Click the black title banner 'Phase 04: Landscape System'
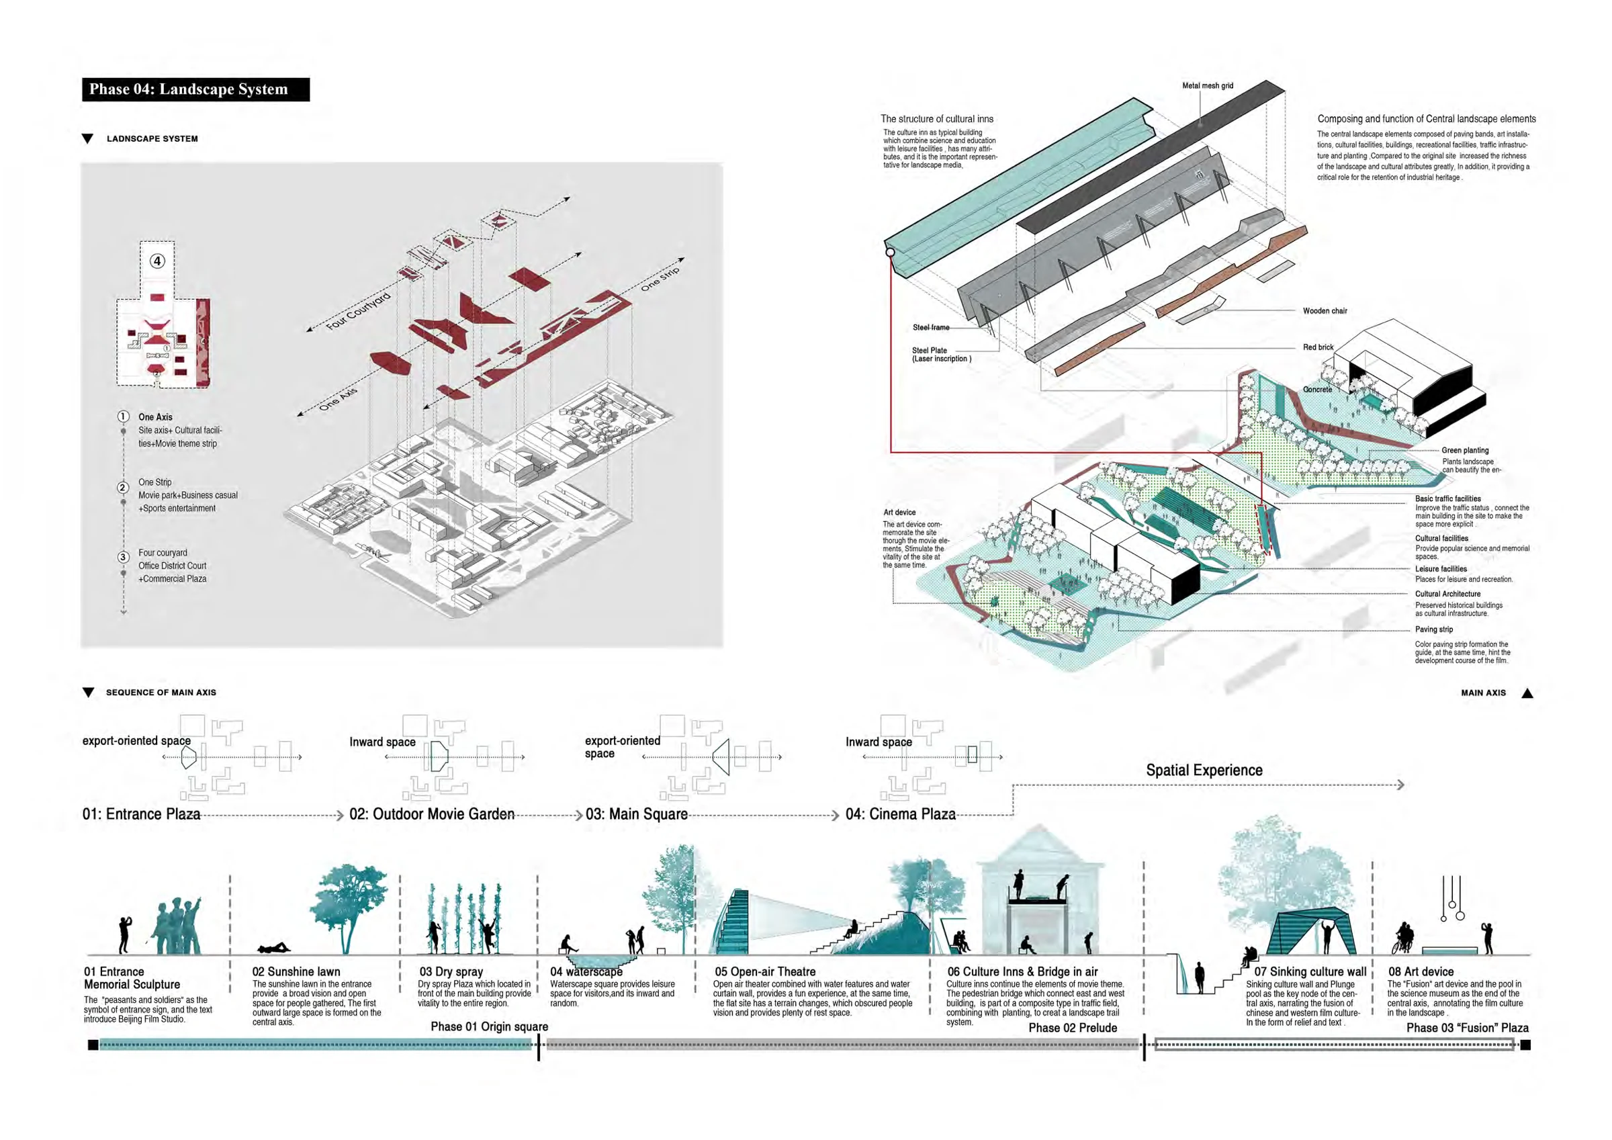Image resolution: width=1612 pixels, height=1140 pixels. [x=196, y=89]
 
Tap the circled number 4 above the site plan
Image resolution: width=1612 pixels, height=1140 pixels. [x=157, y=261]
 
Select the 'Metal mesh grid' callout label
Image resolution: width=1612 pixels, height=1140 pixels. [x=1208, y=86]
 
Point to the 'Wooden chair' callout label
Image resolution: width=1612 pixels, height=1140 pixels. [x=1325, y=310]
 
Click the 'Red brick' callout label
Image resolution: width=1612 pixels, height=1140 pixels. [x=1318, y=347]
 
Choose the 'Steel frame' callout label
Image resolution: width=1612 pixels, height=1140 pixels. [x=931, y=327]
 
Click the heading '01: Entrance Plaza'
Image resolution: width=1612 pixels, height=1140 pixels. [x=141, y=814]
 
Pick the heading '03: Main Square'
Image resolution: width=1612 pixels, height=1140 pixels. [x=637, y=814]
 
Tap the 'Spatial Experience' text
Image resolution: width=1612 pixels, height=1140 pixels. [x=1204, y=770]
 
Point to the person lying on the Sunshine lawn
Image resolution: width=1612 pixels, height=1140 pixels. [x=274, y=949]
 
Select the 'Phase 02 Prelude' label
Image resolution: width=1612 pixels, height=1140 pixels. [x=1073, y=1028]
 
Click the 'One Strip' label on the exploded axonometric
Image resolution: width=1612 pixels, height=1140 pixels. [x=660, y=279]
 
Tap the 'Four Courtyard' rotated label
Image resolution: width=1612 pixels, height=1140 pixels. [x=358, y=310]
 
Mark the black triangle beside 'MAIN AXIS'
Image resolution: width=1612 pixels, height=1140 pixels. [x=1527, y=693]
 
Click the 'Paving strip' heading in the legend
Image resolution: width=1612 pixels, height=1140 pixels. [x=1433, y=629]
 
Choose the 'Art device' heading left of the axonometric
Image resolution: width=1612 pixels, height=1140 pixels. [x=899, y=512]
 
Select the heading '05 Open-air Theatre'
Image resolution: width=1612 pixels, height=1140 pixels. [x=765, y=971]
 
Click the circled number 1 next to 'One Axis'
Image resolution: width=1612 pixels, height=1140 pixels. [x=123, y=416]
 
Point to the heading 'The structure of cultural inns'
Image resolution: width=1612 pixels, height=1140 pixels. [x=936, y=119]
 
